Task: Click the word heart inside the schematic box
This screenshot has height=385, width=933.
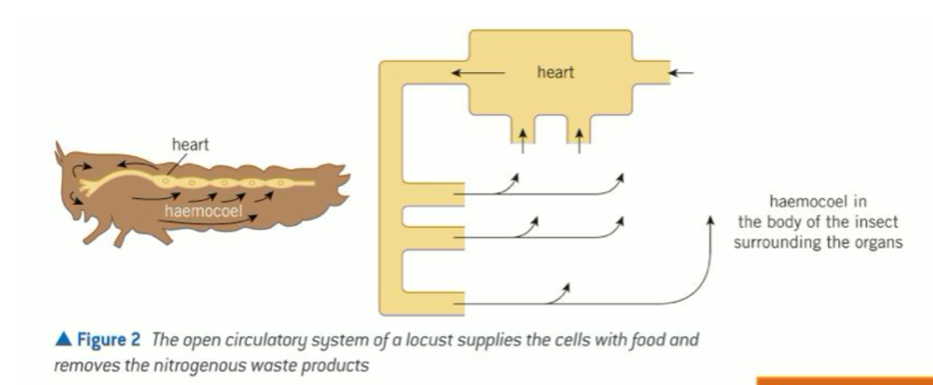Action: [x=556, y=73]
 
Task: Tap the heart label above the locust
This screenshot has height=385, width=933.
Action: [x=190, y=145]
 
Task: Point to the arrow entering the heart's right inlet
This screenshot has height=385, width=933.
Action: [x=683, y=72]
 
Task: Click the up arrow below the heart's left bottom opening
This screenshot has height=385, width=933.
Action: [x=524, y=141]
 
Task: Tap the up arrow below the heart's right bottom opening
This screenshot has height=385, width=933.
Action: [x=579, y=141]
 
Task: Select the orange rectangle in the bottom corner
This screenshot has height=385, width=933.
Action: [x=845, y=380]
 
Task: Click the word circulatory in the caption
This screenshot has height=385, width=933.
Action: [x=236, y=340]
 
